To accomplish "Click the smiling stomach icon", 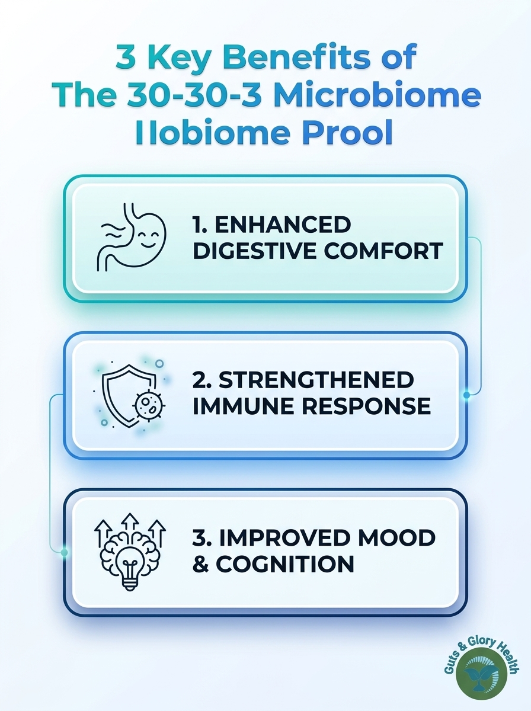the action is click(x=131, y=237).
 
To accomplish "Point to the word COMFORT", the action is click(x=383, y=251).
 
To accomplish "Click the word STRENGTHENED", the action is click(x=316, y=380).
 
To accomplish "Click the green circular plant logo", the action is click(x=481, y=671).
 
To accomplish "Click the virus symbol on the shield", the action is click(x=149, y=405).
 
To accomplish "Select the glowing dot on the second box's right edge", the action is click(x=466, y=395).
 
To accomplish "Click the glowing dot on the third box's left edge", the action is click(x=64, y=552).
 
